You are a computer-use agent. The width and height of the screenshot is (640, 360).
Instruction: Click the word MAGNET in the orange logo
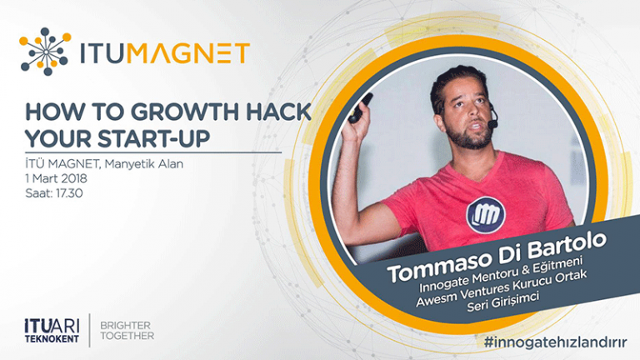[x=188, y=52]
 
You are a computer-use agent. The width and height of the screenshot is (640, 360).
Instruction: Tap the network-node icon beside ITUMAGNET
[x=45, y=52]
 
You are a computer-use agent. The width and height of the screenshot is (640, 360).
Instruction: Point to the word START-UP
[x=154, y=139]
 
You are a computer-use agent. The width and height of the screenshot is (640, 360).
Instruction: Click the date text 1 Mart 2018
[x=56, y=178]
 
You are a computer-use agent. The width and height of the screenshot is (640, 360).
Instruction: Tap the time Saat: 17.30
[x=54, y=192]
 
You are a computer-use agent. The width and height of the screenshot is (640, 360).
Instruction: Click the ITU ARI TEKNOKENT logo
[x=52, y=331]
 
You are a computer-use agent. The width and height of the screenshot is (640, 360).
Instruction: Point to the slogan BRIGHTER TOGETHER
[x=127, y=331]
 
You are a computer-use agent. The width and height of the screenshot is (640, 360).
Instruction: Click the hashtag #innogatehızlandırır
[x=555, y=342]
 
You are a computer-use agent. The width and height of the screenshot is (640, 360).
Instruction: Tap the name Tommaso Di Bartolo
[x=497, y=257]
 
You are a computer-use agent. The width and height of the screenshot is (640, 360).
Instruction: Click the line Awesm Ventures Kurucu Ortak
[x=501, y=288]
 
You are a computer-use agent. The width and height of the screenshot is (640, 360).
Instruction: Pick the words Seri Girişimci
[x=502, y=301]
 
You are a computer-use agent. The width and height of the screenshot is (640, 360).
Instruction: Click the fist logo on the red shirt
[x=486, y=215]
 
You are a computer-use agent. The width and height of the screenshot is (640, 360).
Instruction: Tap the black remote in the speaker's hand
[x=360, y=108]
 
